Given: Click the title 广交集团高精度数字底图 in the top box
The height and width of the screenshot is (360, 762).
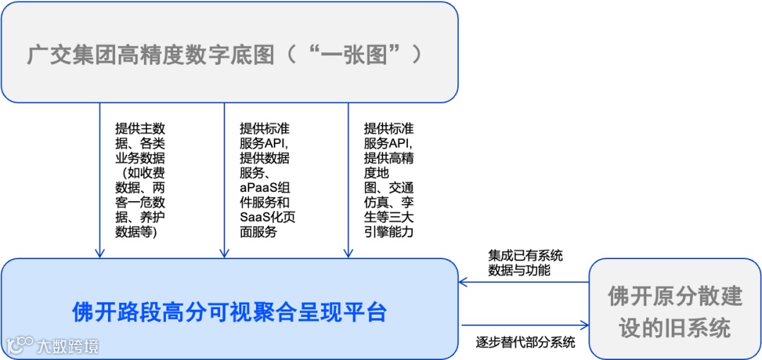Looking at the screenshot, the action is click(151, 54).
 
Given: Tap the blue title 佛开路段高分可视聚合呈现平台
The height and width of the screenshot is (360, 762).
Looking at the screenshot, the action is click(230, 311).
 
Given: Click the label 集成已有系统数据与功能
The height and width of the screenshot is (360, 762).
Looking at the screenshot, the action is click(525, 262).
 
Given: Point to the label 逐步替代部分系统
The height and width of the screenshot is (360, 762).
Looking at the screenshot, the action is click(525, 343).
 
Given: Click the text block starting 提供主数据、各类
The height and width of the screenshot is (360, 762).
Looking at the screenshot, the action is click(140, 180).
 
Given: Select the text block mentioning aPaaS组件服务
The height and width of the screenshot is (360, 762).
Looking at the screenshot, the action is click(267, 180).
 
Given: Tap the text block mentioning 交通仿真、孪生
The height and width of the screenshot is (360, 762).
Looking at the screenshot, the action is click(389, 180).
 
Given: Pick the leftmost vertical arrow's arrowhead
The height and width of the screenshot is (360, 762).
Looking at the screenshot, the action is click(100, 253).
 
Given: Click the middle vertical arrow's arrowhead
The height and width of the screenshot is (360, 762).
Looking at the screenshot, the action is click(224, 253).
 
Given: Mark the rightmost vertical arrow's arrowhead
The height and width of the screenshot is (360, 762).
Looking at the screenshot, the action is click(349, 253).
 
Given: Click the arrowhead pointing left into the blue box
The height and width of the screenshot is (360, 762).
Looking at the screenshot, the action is click(464, 282).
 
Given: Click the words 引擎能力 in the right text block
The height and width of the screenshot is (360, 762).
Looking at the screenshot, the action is click(388, 232).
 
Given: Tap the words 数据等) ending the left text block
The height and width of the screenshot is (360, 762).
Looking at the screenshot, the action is click(136, 232).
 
